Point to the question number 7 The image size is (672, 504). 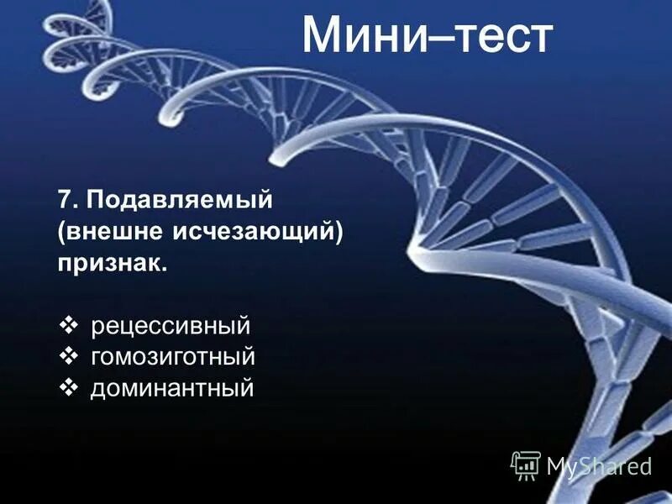pos(64,201)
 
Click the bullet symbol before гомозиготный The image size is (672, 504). pos(70,357)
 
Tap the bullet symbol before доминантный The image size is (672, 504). pos(70,388)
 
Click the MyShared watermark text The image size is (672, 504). pos(599,465)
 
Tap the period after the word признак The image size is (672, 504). pos(165,269)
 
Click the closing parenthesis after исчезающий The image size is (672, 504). pos(340,233)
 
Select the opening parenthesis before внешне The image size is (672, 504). pos(61,233)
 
